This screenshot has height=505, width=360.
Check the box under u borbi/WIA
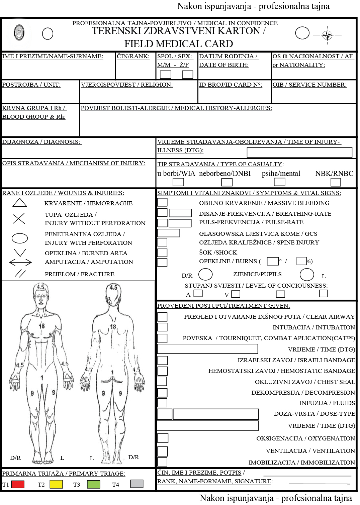coord(178,182)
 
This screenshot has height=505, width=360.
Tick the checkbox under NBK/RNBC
coord(336,182)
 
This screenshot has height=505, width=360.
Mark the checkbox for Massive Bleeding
coord(162,202)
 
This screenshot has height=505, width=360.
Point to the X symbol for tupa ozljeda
coord(19,219)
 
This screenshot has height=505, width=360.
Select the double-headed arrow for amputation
coord(20,262)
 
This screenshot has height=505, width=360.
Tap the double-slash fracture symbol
coord(20,274)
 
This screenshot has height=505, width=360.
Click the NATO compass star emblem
coord(328,35)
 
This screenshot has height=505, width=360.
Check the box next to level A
coord(198,294)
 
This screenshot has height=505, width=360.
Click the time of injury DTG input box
coord(299,153)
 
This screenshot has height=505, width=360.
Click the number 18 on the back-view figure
coord(113,327)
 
